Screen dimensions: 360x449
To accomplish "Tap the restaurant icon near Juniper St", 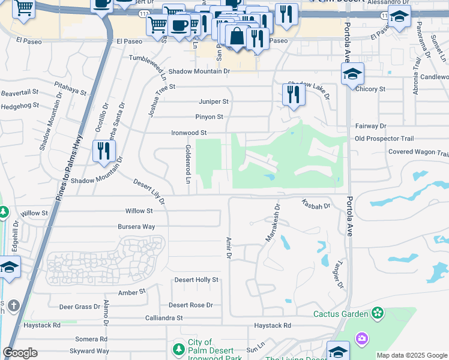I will [x=293, y=95].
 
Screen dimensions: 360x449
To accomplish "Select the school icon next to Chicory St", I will [x=353, y=74].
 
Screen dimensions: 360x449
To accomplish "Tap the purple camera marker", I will [x=361, y=339].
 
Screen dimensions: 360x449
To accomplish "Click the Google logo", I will [x=20, y=353].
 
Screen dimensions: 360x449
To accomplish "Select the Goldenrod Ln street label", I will [x=188, y=164].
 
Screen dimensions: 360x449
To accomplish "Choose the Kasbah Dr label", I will [x=316, y=205].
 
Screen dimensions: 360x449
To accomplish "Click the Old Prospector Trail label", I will [x=384, y=139].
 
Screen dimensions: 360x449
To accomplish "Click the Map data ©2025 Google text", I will [x=412, y=355].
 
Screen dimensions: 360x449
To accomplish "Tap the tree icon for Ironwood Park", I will [x=178, y=349].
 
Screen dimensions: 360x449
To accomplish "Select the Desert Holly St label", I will [x=196, y=280].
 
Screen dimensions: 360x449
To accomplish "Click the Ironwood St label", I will [x=188, y=133].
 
